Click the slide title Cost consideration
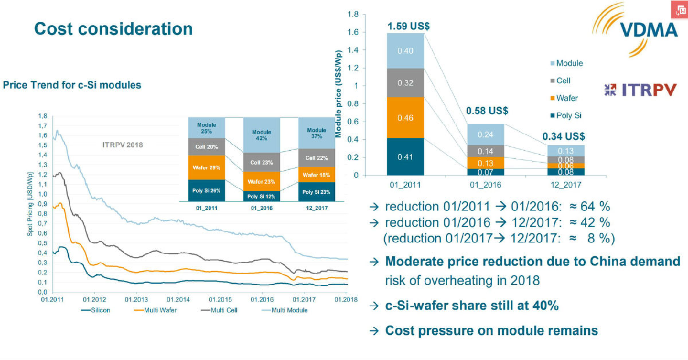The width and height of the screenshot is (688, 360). coord(113,29)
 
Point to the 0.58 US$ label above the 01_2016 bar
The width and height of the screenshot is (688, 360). coord(487,110)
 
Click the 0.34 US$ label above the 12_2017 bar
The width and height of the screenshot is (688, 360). coord(564,136)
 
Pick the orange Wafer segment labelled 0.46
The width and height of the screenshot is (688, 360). coord(406,118)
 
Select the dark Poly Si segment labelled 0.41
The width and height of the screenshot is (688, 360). coord(406,156)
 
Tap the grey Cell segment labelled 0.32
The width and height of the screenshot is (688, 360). coord(406,83)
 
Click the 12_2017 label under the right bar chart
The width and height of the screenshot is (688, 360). coord(562,186)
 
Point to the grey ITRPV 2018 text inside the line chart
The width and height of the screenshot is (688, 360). coord(118,144)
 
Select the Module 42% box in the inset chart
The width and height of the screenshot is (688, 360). coord(261,135)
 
